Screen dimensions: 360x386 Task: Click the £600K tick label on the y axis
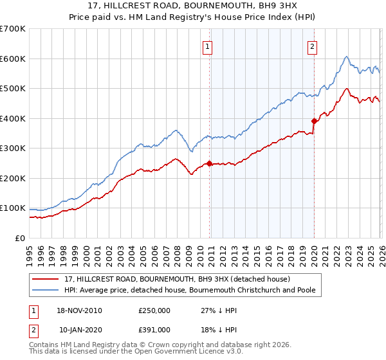click(13, 59)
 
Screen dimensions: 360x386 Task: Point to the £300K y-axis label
click(13, 148)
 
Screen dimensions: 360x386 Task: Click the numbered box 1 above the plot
click(208, 46)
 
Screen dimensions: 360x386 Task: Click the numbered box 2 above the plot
click(312, 46)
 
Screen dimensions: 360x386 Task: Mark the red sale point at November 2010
click(210, 163)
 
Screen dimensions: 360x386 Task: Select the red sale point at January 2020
click(314, 121)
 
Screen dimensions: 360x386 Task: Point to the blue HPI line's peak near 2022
click(346, 57)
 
